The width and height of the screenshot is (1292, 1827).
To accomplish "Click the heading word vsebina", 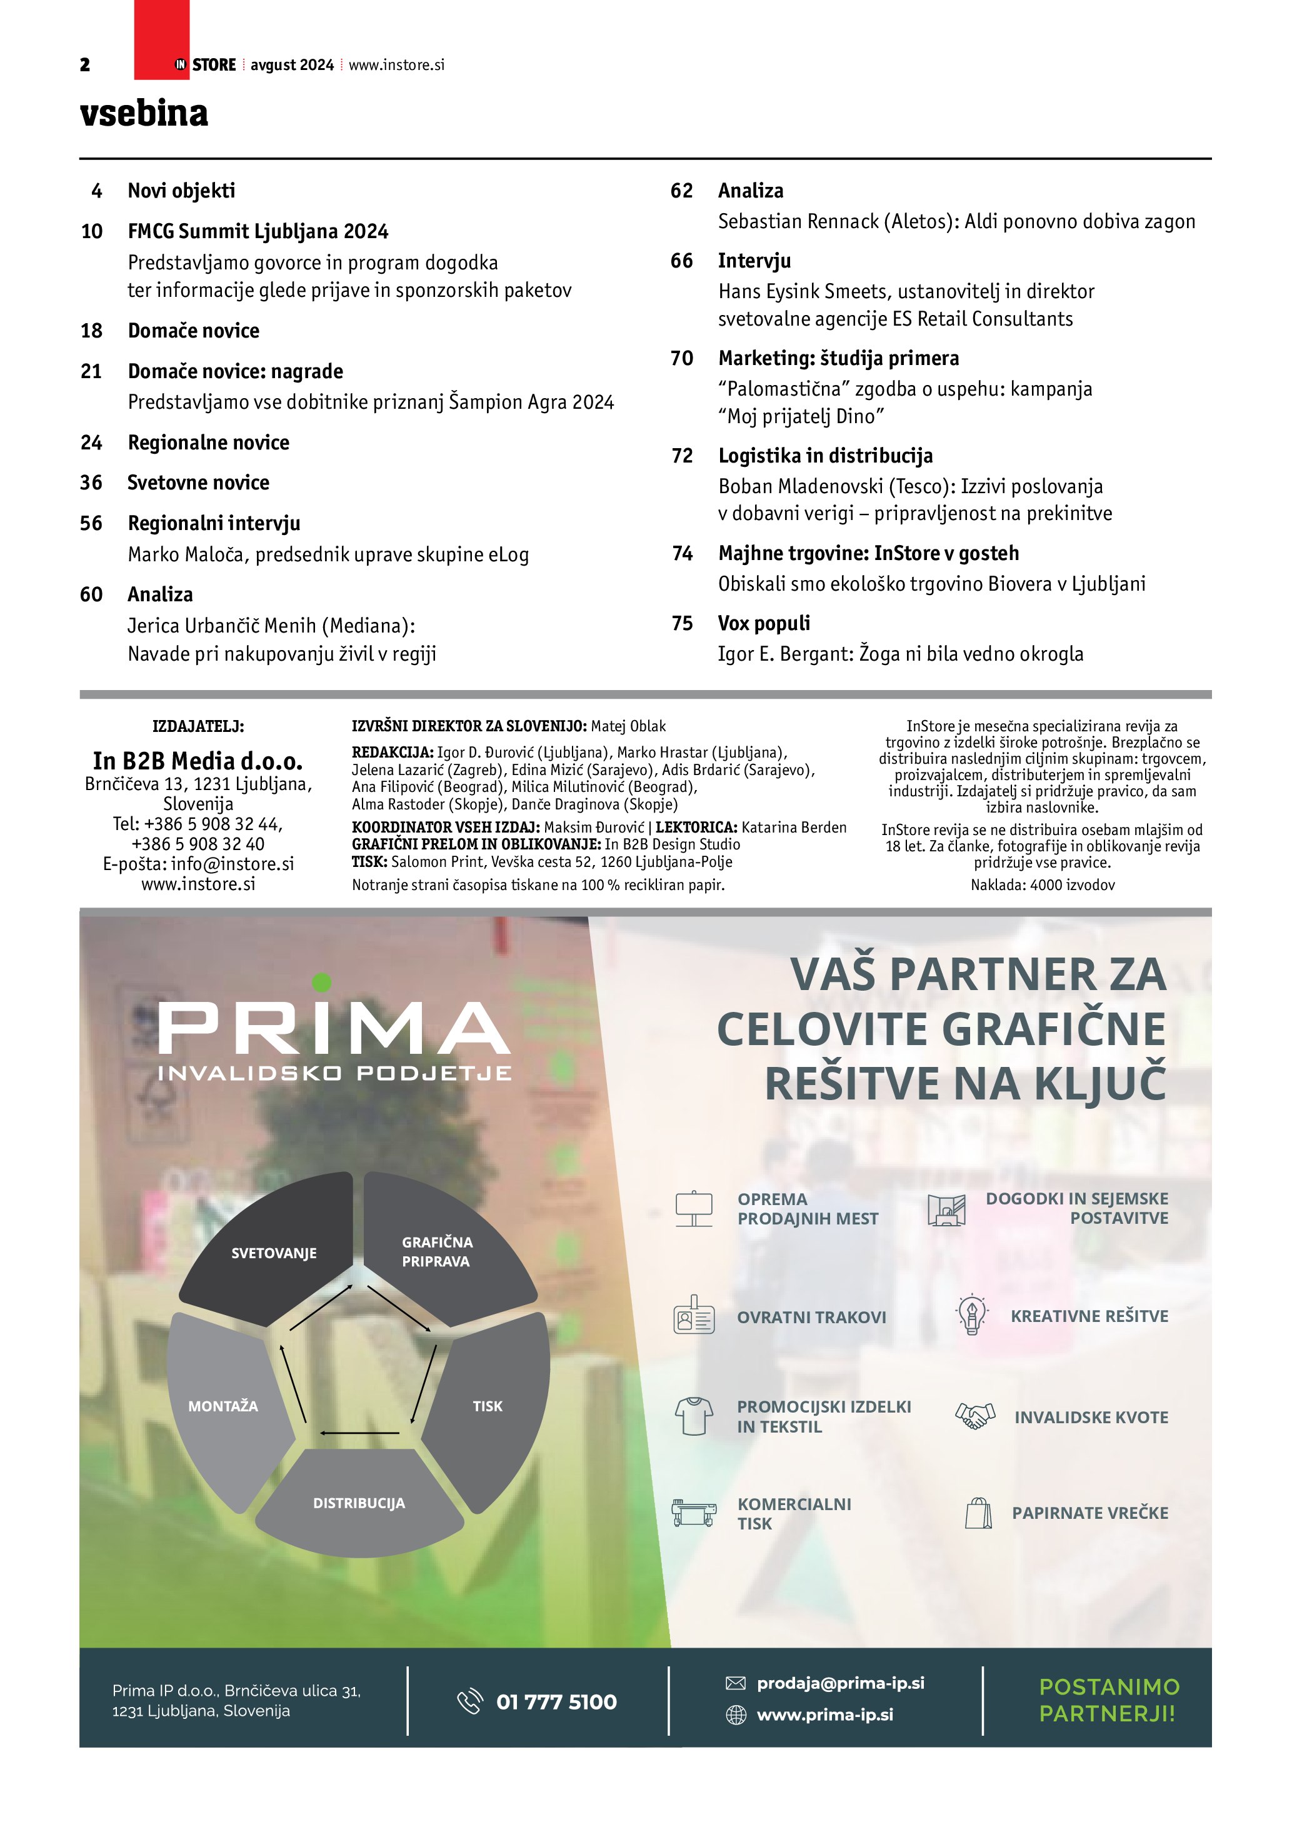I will (144, 113).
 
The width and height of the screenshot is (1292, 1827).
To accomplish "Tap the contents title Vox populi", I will (764, 623).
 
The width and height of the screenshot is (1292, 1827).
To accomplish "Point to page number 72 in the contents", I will (682, 455).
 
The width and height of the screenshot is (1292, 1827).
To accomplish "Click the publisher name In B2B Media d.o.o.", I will (198, 761).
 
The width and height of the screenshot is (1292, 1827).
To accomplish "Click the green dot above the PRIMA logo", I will (321, 982).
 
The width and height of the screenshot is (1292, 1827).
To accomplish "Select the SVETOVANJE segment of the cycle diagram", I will (274, 1253).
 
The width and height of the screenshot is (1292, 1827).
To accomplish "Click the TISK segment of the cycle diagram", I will (487, 1406).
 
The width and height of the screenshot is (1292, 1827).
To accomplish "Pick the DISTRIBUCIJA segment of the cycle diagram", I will (359, 1503).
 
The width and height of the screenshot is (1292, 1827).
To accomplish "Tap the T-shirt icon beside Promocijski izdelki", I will (694, 1416).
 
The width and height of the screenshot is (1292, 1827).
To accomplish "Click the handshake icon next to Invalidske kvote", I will (974, 1416).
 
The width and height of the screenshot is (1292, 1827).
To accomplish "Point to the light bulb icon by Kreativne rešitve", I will (971, 1316).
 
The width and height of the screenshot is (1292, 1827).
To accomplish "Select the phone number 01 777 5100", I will (556, 1701).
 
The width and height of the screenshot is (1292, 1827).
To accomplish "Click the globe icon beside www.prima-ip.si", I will (736, 1714).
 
